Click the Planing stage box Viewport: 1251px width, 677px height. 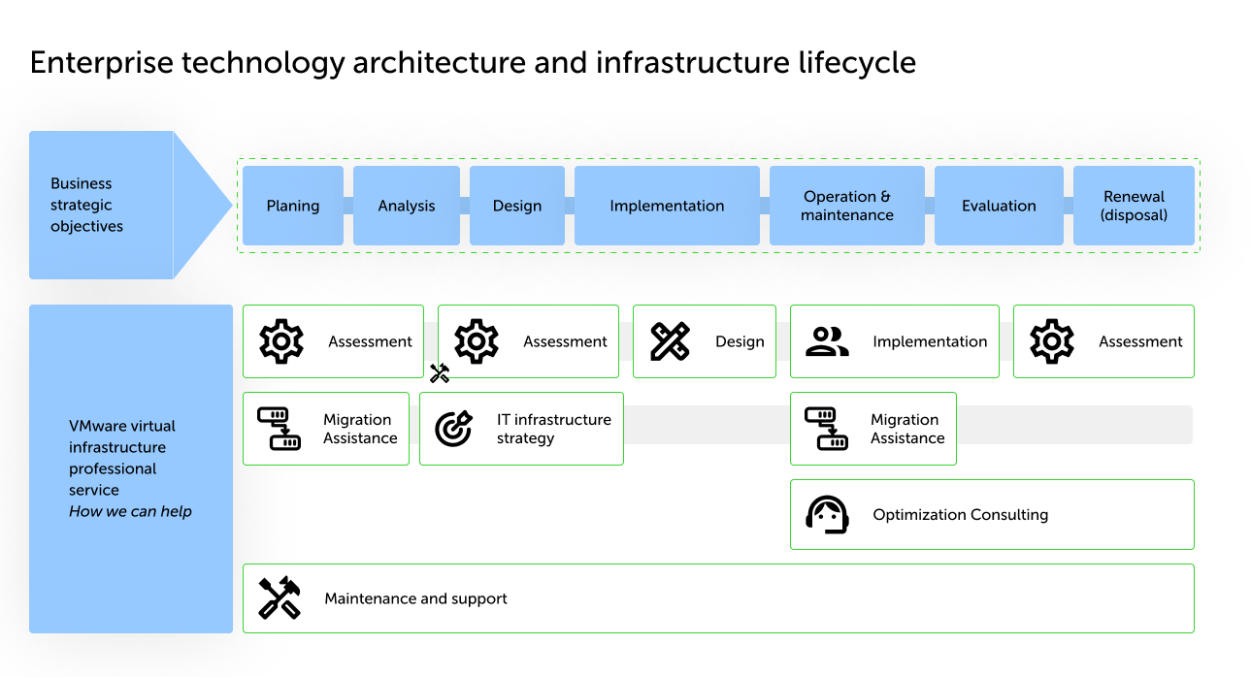click(293, 206)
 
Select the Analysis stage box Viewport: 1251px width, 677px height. click(407, 206)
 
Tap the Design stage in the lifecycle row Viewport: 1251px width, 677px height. click(517, 206)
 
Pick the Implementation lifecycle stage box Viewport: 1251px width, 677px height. click(667, 206)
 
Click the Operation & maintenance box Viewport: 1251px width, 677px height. click(847, 206)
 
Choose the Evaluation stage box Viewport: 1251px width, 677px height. click(999, 206)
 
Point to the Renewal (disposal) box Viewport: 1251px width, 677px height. click(1134, 206)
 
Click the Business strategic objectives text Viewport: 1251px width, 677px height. click(87, 205)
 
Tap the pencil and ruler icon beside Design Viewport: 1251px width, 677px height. click(671, 341)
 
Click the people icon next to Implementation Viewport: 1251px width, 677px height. click(827, 341)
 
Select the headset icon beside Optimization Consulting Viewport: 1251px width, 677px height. click(828, 515)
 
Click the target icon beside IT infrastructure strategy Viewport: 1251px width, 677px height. click(453, 428)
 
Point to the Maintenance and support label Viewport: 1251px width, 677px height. click(415, 598)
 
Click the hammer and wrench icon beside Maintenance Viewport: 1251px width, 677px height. click(280, 598)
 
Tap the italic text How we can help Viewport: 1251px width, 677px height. click(130, 511)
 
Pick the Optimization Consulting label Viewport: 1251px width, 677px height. click(960, 515)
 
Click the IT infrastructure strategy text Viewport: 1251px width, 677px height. click(554, 429)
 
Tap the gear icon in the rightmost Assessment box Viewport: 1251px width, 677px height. click(1052, 341)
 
